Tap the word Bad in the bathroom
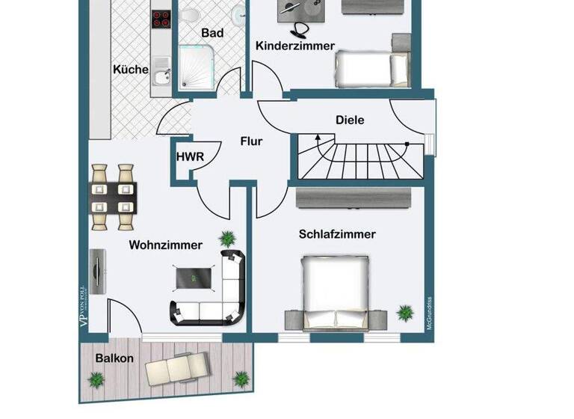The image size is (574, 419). click(x=212, y=33)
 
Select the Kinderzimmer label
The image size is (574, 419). click(x=295, y=46)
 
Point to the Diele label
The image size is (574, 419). click(x=350, y=120)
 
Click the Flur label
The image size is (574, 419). click(x=251, y=141)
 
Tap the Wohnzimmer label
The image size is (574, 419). click(x=165, y=245)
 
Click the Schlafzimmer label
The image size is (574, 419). click(x=337, y=234)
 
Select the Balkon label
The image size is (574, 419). click(x=114, y=358)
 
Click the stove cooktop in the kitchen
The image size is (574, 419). click(x=161, y=19)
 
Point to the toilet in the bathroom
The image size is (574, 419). click(x=191, y=16)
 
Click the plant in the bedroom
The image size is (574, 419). click(x=404, y=311)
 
